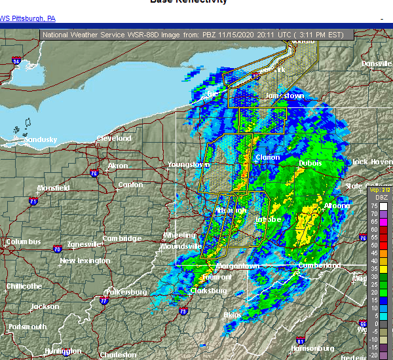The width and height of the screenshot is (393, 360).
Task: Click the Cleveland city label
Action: point(114,139)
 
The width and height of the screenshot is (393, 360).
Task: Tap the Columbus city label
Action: point(23,242)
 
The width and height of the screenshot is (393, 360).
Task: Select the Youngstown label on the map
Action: point(188,164)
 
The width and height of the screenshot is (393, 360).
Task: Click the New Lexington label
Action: point(85,261)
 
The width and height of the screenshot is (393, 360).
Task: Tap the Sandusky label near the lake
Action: point(41,139)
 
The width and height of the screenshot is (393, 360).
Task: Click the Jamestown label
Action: point(284,96)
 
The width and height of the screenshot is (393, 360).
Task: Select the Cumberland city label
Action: point(319,266)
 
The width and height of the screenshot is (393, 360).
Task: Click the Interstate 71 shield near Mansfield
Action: point(33,202)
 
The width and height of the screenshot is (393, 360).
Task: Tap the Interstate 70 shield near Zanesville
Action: point(58,249)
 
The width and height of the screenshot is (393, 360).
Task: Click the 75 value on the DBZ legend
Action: point(375,206)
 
